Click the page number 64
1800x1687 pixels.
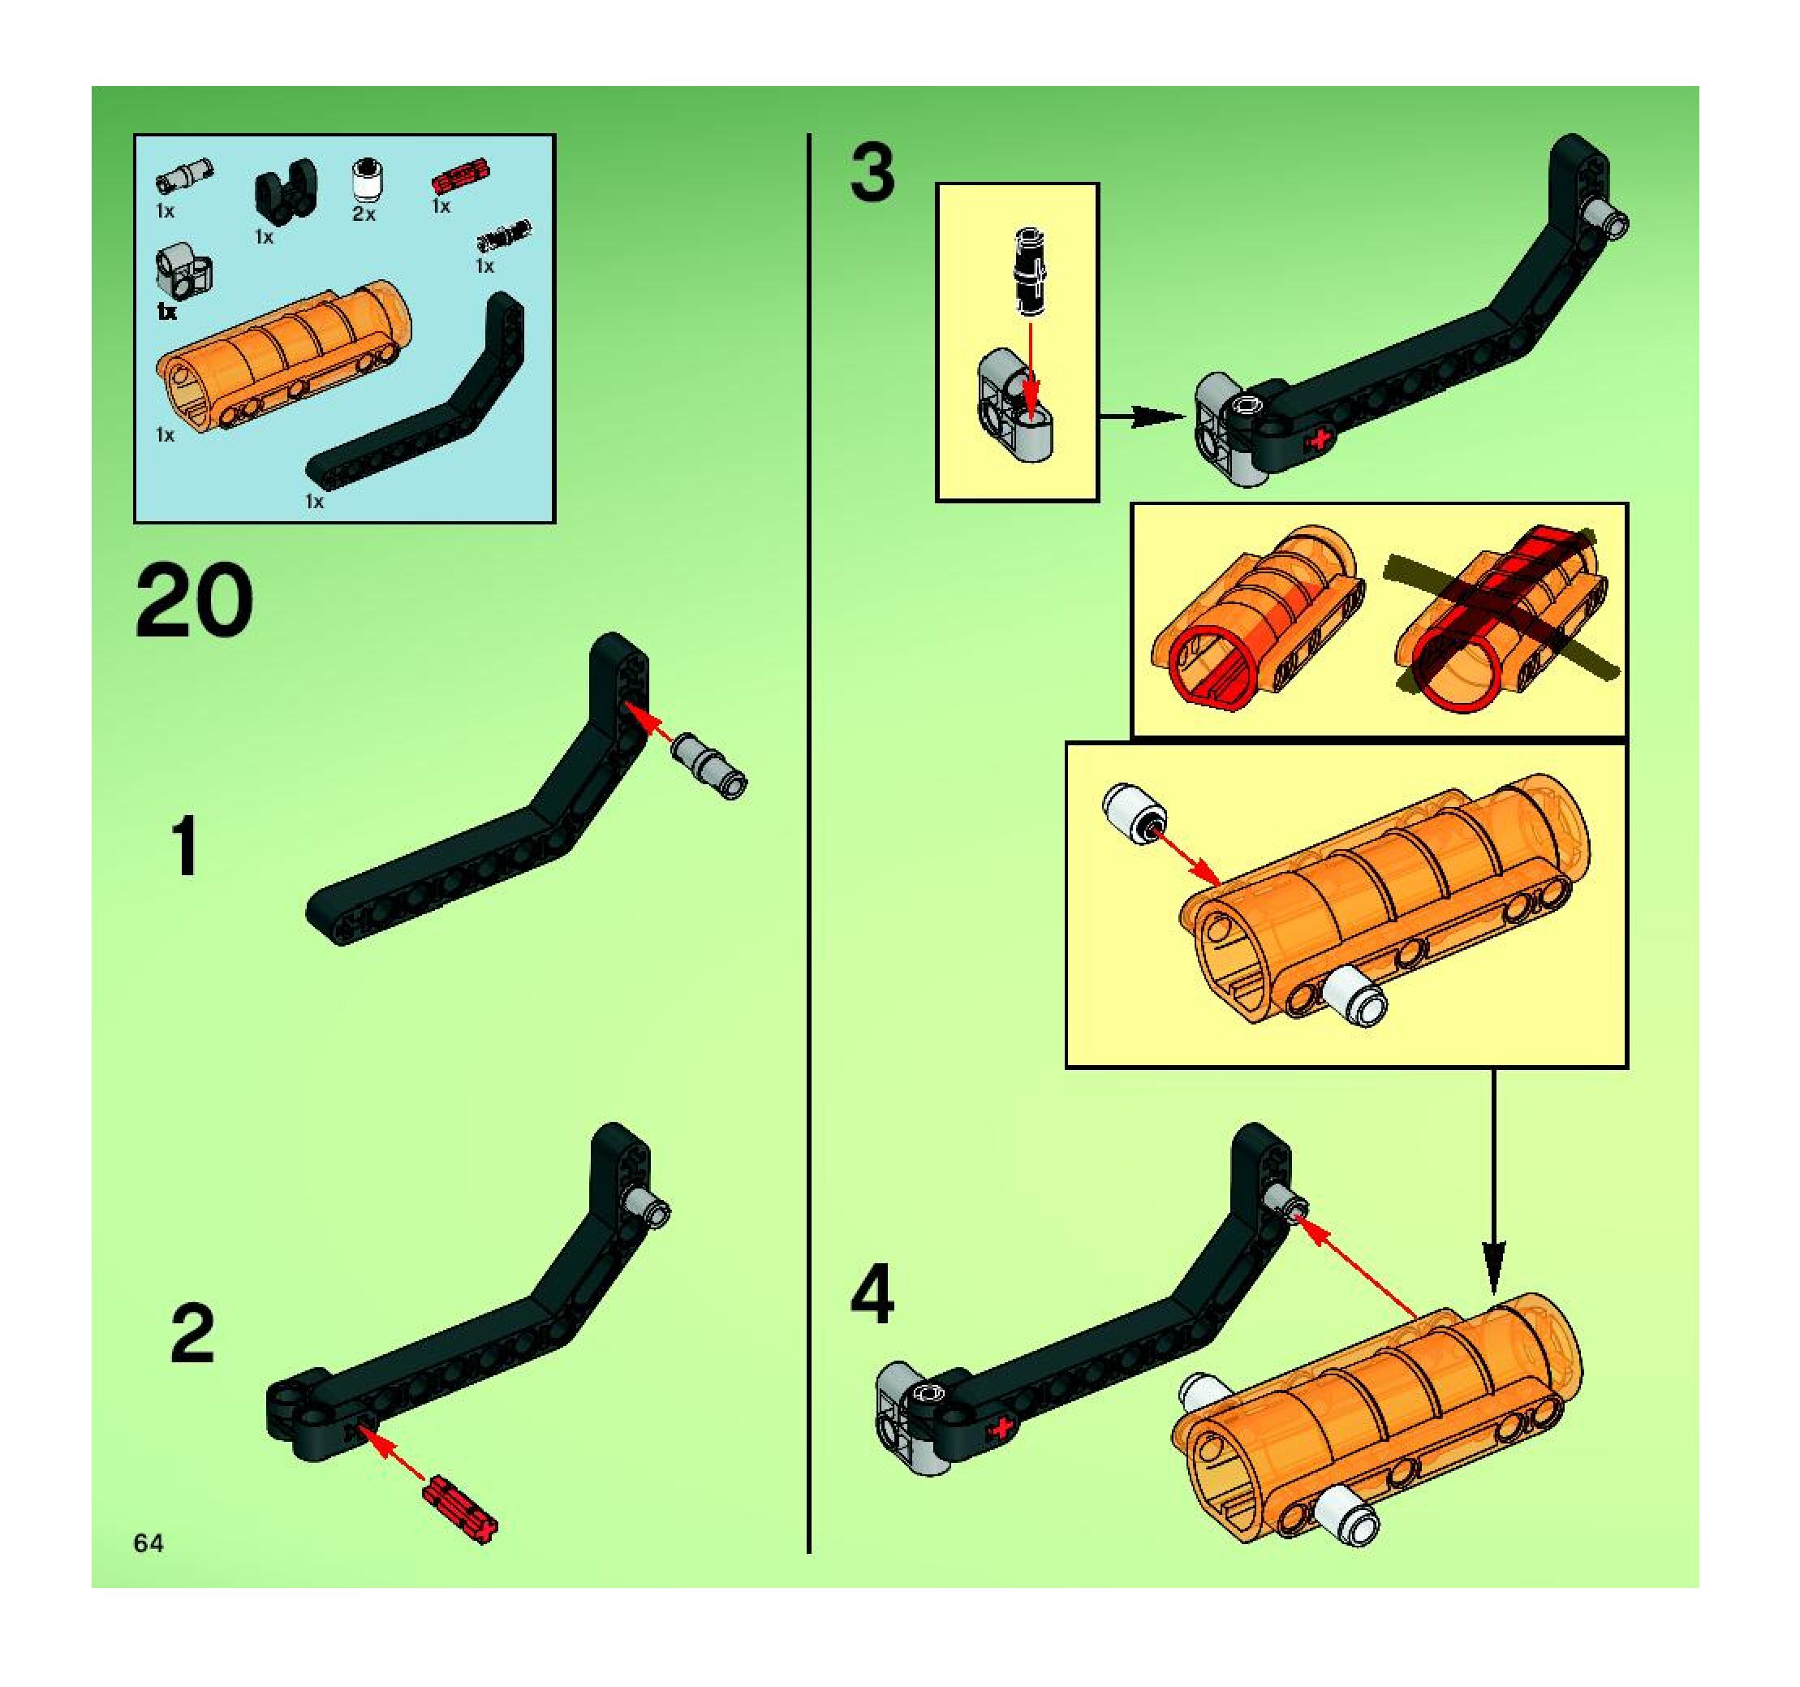click(x=149, y=1543)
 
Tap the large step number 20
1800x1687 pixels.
click(x=194, y=601)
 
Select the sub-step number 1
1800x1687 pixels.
click(x=187, y=846)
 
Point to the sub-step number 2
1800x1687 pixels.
click(x=193, y=1334)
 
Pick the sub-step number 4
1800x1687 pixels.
click(x=872, y=1296)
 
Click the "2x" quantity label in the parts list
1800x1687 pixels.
click(x=365, y=214)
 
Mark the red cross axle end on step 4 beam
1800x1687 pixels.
click(x=1002, y=1429)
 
